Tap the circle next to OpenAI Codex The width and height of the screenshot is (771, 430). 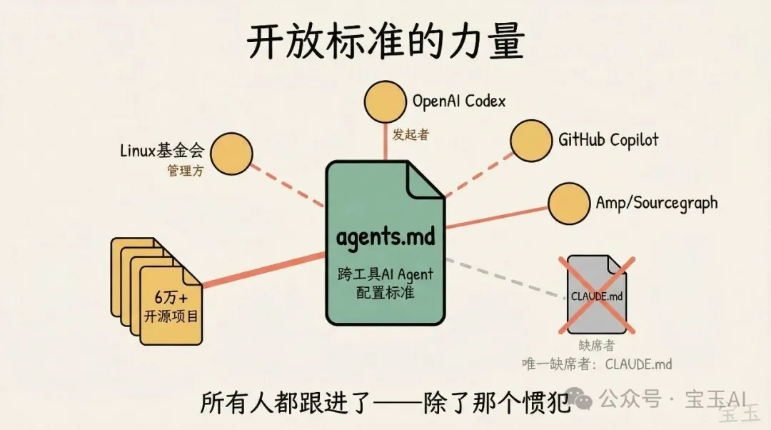click(385, 103)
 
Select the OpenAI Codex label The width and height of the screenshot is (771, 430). click(458, 101)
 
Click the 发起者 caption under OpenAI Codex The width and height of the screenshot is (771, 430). click(410, 134)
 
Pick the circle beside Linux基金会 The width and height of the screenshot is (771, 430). click(232, 152)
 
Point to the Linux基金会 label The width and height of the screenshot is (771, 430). click(162, 151)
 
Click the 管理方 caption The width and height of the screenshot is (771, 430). click(186, 171)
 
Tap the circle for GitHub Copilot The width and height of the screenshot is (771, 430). click(532, 140)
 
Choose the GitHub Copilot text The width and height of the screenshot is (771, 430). click(608, 139)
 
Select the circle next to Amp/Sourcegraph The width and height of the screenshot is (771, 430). click(569, 203)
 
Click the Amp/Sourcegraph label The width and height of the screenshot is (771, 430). click(656, 202)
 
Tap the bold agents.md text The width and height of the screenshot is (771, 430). click(385, 236)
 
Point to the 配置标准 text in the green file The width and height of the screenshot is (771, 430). click(385, 292)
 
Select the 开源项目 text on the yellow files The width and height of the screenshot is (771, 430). click(171, 315)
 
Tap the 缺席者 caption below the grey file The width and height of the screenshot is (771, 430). click(596, 346)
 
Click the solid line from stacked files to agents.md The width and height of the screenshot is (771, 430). click(264, 269)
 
